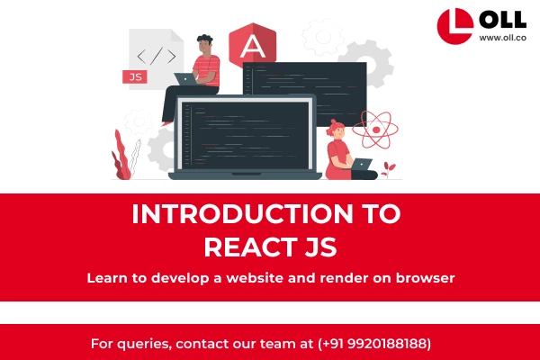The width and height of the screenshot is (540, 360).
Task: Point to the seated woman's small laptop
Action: coord(363,165)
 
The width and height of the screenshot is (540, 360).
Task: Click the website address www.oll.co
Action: coord(502,38)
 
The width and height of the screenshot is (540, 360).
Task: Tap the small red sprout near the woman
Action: coord(388,167)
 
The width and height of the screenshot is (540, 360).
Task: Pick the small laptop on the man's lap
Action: coord(187,79)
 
